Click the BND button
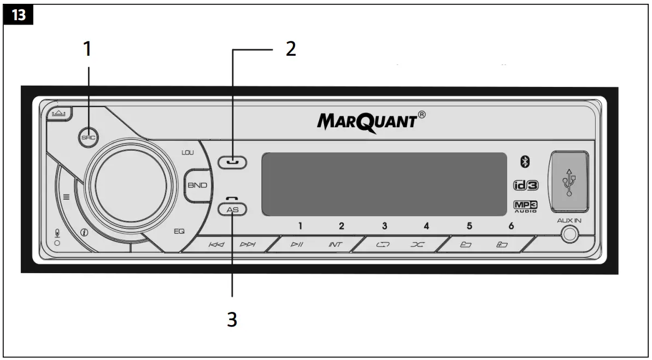197,185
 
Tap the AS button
233,209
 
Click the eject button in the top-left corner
57,113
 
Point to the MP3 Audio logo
525,206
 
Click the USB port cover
570,182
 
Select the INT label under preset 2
335,245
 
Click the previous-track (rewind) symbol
216,245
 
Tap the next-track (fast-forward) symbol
248,245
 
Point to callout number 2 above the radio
291,49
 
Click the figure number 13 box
19,15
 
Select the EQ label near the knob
179,231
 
